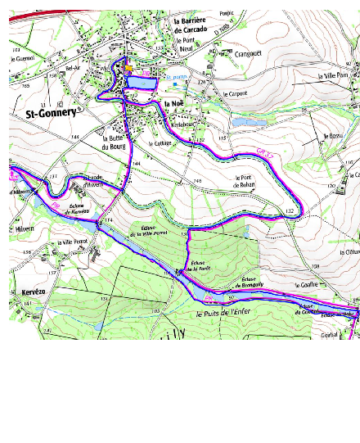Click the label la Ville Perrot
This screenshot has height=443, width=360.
pos(70,243)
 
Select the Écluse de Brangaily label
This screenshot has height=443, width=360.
pos(255,284)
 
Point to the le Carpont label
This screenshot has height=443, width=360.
pos(234,94)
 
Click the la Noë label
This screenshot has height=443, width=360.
pos(173,104)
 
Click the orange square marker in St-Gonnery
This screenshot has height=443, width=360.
pos(128,69)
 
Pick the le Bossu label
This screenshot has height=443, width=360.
pos(333,136)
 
